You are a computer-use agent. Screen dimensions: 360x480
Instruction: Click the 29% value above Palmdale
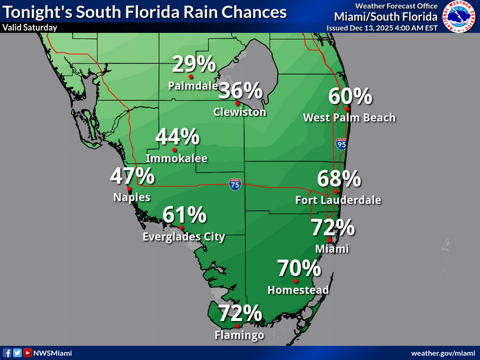[194, 64]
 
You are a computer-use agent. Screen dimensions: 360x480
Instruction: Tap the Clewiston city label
[240, 112]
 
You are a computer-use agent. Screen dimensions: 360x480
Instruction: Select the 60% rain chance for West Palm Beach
[350, 97]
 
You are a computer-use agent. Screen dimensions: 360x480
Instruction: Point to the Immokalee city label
[177, 159]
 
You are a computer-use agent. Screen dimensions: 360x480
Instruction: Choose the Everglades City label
[184, 237]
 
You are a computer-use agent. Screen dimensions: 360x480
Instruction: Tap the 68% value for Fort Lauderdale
[339, 179]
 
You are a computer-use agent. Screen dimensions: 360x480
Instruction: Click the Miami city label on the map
[332, 249]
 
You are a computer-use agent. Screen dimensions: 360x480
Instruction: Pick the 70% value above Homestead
[299, 269]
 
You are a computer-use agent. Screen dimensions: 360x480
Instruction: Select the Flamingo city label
[239, 336]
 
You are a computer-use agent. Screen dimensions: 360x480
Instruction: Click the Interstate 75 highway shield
[235, 185]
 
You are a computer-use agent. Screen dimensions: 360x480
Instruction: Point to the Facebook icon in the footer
[7, 353]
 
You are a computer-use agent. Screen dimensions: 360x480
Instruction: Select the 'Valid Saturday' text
[30, 28]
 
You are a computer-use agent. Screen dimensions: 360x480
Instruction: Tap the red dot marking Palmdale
[191, 77]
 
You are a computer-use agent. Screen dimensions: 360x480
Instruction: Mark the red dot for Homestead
[296, 281]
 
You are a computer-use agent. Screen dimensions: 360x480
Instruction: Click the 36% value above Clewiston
[240, 90]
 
